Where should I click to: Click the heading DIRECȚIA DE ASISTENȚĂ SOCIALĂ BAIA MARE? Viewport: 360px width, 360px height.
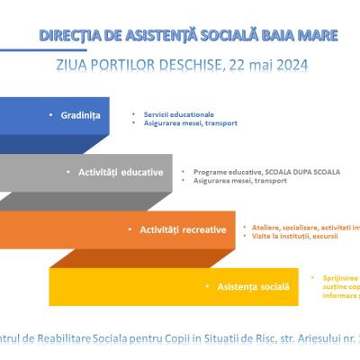[189, 35]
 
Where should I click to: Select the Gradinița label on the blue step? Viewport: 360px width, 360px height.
[79, 116]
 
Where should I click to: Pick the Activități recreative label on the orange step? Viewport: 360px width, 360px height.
[183, 229]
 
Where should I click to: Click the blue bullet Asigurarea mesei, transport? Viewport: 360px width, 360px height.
[184, 122]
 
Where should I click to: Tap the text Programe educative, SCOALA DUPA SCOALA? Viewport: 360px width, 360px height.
[265, 170]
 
